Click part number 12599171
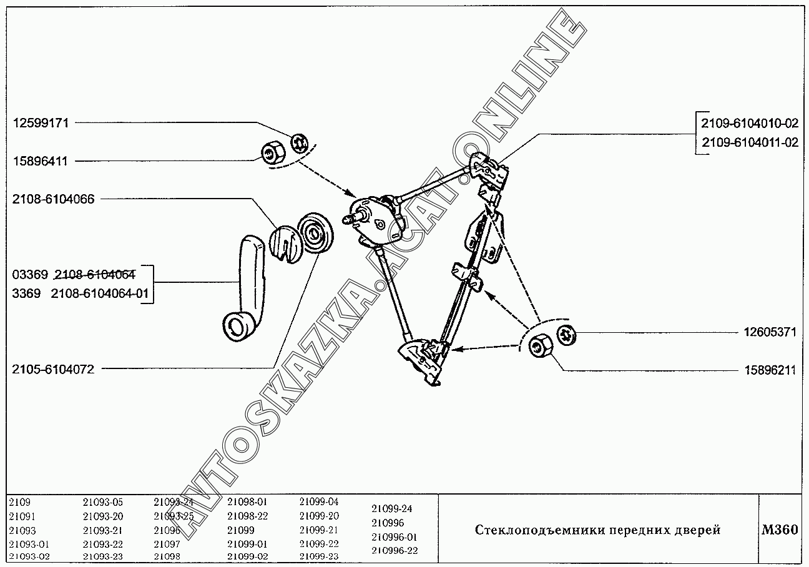[49, 124]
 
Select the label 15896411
[49, 161]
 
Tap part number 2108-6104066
[53, 199]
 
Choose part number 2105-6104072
[53, 369]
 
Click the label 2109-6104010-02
[750, 124]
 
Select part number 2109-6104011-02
[750, 142]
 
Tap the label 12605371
[770, 333]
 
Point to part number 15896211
[770, 370]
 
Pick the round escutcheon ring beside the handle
[316, 234]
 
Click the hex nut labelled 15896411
[273, 152]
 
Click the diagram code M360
[780, 530]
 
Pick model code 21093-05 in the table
[103, 502]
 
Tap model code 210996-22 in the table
[395, 550]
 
